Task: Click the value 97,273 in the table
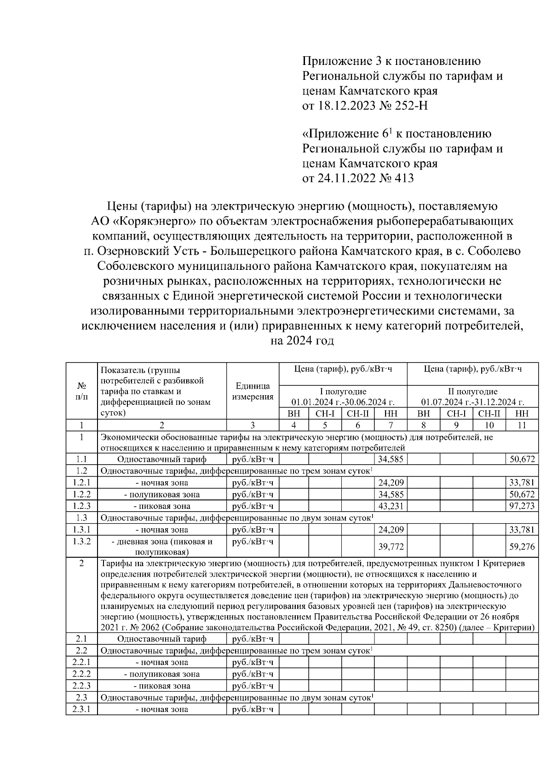click(x=522, y=506)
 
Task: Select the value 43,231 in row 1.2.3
click(x=391, y=506)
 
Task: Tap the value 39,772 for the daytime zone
click(x=391, y=547)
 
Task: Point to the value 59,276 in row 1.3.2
click(x=522, y=547)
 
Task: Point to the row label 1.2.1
click(x=81, y=483)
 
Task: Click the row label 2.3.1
click(x=81, y=709)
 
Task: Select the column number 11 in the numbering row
click(x=522, y=425)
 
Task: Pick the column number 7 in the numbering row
click(x=391, y=425)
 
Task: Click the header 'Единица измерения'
click(x=253, y=391)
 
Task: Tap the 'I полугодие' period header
click(x=343, y=391)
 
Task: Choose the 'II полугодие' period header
click(x=472, y=391)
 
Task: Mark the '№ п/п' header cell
click(x=81, y=391)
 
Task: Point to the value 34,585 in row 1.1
click(x=391, y=459)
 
